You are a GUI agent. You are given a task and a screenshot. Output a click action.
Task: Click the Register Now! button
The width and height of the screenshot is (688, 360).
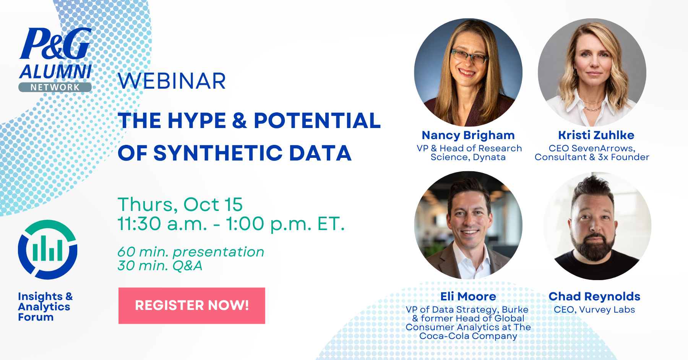[191, 306]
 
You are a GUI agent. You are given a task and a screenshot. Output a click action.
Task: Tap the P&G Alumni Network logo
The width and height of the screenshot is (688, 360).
[56, 60]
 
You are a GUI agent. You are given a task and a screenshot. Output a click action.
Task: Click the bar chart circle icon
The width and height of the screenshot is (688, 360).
[47, 250]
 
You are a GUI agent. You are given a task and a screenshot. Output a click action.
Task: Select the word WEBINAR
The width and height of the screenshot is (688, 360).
[172, 81]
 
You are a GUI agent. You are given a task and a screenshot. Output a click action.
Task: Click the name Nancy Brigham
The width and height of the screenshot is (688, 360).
[468, 135]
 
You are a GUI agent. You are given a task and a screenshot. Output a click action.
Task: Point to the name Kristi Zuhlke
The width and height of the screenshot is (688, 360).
[596, 135]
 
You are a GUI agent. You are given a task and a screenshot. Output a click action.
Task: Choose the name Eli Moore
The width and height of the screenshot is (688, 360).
[468, 297]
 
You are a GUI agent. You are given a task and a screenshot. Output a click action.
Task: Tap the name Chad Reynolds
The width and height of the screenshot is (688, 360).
[594, 297]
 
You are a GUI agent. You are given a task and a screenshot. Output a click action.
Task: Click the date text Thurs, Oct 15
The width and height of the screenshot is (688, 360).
[180, 205]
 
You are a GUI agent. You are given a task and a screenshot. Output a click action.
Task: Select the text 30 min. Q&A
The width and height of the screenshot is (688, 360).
[160, 266]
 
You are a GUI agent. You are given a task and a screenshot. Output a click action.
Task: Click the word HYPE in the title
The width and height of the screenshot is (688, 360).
[197, 121]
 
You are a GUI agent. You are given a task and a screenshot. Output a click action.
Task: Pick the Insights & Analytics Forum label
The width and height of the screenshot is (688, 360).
[45, 307]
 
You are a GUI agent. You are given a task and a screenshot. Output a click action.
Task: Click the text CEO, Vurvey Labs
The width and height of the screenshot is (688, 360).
[594, 310]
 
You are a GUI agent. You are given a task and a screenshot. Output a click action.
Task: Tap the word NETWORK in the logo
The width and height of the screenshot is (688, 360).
[55, 88]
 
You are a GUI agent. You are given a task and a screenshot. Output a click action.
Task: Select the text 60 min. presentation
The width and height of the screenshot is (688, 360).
[191, 252]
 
